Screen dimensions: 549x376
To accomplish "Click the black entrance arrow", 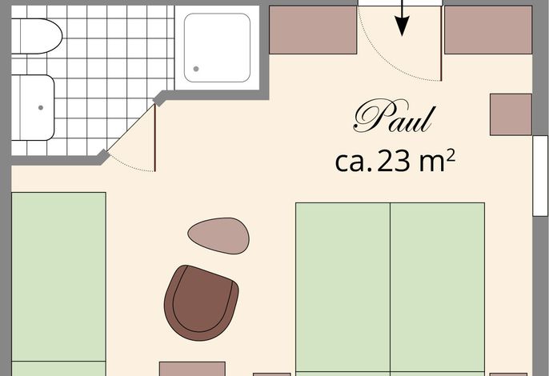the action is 403,18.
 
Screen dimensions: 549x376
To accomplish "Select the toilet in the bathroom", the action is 37,36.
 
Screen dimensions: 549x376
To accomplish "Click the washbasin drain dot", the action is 41,107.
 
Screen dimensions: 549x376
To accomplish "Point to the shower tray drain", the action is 196,69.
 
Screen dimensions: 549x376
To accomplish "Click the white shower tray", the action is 217,48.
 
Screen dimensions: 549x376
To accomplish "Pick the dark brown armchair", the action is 201,303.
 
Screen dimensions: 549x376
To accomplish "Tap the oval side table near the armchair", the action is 218,236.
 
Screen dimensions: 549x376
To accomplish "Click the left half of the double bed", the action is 343,289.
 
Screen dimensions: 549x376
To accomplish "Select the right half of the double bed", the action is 437,289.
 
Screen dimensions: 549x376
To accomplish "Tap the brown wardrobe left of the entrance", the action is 313,30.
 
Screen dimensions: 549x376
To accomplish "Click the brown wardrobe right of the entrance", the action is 488,30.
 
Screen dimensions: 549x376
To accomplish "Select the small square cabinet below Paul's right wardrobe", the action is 511,114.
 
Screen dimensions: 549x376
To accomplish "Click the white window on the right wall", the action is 541,176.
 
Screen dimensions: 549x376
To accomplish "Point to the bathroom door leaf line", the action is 154,138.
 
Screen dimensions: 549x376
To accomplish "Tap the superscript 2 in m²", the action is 451,154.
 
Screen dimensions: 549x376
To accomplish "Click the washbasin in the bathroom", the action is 33,107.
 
